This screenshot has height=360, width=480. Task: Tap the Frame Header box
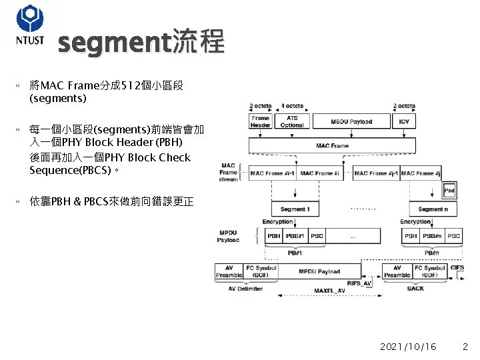pyautogui.click(x=260, y=122)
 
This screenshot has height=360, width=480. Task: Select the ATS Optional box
pyautogui.click(x=291, y=122)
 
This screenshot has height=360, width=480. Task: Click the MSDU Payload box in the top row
pyautogui.click(x=351, y=122)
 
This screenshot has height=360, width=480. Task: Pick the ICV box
pyautogui.click(x=404, y=122)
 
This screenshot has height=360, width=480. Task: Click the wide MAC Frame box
pyautogui.click(x=332, y=145)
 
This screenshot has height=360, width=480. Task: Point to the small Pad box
pyautogui.click(x=449, y=190)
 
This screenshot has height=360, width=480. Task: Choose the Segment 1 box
pyautogui.click(x=295, y=209)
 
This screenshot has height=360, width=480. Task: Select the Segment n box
pyautogui.click(x=433, y=209)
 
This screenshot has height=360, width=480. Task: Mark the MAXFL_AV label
pyautogui.click(x=329, y=291)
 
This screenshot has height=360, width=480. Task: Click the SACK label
pyautogui.click(x=415, y=289)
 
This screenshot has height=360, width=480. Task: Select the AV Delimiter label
pyautogui.click(x=245, y=289)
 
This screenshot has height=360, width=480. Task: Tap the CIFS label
pyautogui.click(x=457, y=268)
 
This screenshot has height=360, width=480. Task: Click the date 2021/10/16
pyautogui.click(x=408, y=347)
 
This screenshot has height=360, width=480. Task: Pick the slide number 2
pyautogui.click(x=465, y=347)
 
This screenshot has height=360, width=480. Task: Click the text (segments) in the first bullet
pyautogui.click(x=58, y=98)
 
